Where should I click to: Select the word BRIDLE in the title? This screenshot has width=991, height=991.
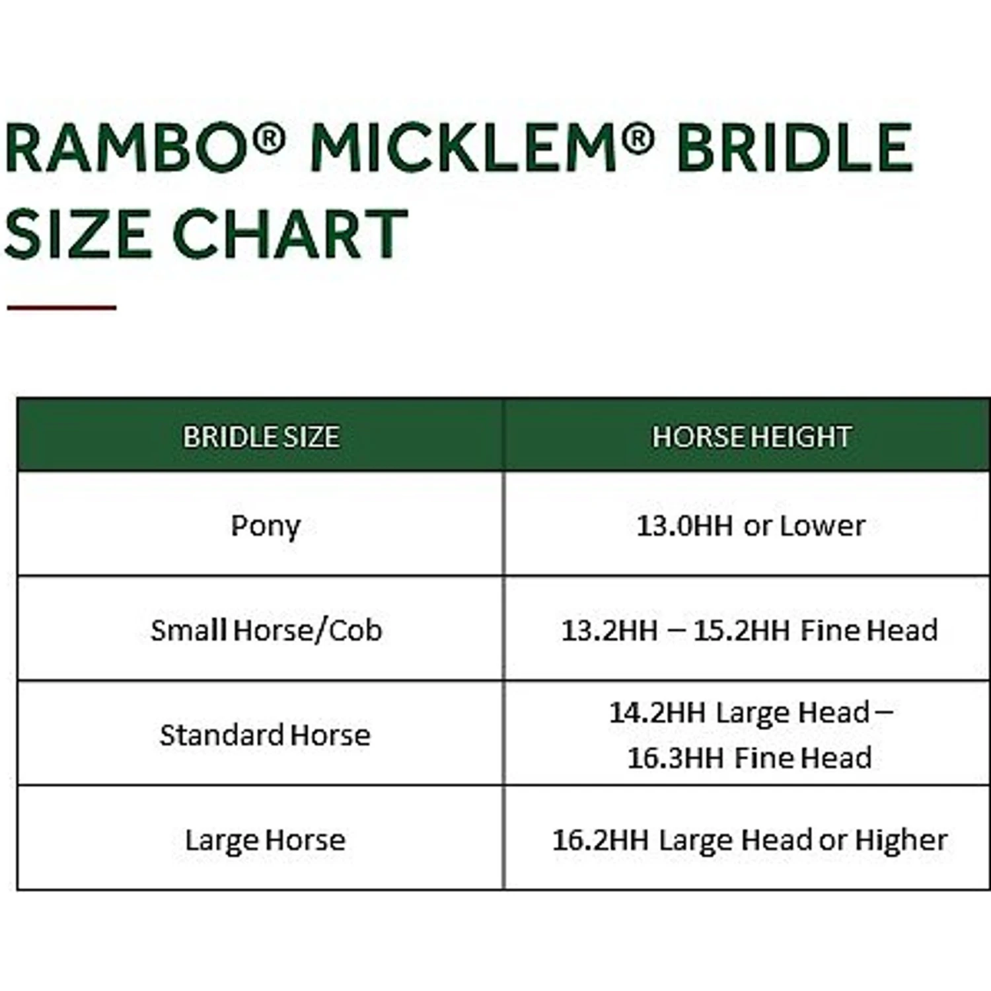pyautogui.click(x=795, y=148)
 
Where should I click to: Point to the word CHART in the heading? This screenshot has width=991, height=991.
pyautogui.click(x=290, y=233)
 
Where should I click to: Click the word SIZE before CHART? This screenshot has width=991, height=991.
pyautogui.click(x=78, y=233)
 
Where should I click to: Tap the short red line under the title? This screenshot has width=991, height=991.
pyautogui.click(x=61, y=307)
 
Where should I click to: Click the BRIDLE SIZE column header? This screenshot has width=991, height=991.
pyautogui.click(x=261, y=437)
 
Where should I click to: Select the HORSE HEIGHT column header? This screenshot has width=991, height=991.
pyautogui.click(x=751, y=437)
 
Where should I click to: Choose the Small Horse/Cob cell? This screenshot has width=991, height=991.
pyautogui.click(x=266, y=630)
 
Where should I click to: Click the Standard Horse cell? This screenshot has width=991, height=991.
pyautogui.click(x=265, y=735)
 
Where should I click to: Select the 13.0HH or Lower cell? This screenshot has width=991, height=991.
pyautogui.click(x=751, y=526)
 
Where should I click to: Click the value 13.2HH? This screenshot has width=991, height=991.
pyautogui.click(x=609, y=630)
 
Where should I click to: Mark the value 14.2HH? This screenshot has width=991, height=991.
pyautogui.click(x=657, y=713)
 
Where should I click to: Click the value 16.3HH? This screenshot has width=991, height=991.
pyautogui.click(x=675, y=758)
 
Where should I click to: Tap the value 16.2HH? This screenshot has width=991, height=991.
pyautogui.click(x=600, y=840)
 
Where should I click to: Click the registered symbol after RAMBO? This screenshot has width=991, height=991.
pyautogui.click(x=269, y=137)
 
